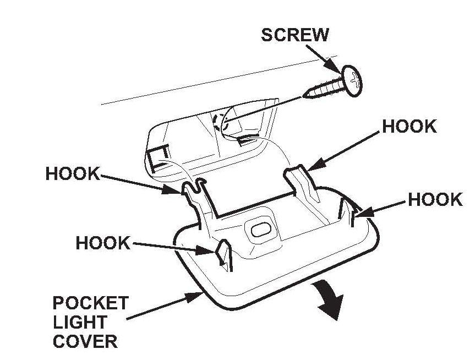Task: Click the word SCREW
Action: click(x=295, y=35)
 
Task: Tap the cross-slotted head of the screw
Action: click(x=352, y=81)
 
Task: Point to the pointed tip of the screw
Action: click(x=304, y=96)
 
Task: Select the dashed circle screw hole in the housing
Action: click(x=220, y=122)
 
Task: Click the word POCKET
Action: click(x=90, y=303)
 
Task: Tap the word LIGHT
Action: click(x=80, y=322)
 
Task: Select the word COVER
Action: click(x=85, y=341)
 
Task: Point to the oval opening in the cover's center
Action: click(x=261, y=230)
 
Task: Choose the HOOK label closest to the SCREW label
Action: click(x=409, y=126)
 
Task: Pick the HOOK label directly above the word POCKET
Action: click(x=103, y=243)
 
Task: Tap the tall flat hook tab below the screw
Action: click(x=301, y=183)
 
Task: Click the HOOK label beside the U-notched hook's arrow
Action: click(x=73, y=173)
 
